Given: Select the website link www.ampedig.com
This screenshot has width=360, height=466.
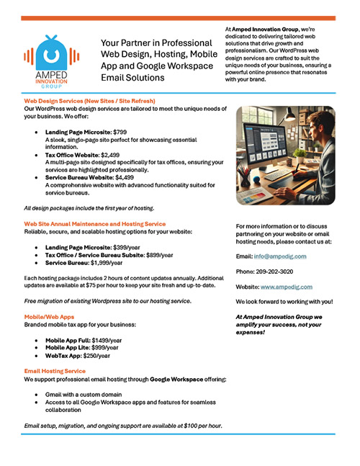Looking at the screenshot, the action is [287, 286].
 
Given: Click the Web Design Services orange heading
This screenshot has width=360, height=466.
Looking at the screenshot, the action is [90, 100].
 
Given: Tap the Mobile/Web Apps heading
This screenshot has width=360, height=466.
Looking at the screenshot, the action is [50, 316].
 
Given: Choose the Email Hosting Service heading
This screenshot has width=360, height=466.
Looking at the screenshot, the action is [55, 370].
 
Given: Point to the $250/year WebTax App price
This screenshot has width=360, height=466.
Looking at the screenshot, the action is [96, 355].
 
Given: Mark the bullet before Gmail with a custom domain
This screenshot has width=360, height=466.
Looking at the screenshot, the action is [36, 395].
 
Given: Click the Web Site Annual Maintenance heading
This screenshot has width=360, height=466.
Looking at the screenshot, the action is [94, 224].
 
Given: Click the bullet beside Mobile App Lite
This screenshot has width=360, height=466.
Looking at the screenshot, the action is [36, 347].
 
